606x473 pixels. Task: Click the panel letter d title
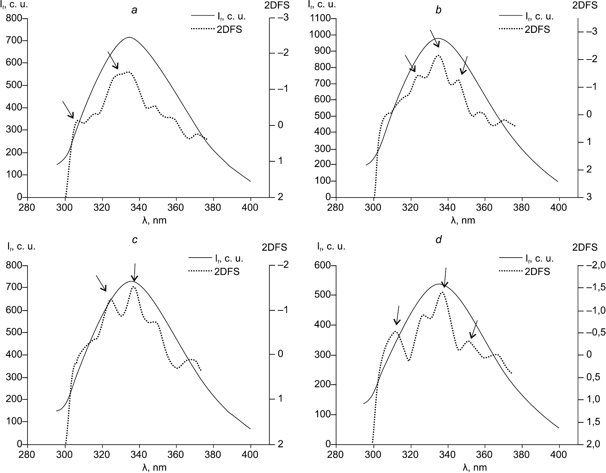pos(438,240)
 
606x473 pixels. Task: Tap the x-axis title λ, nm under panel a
pos(154,221)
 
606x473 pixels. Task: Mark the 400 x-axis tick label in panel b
pos(559,207)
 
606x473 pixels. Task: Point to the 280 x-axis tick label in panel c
pos(27,455)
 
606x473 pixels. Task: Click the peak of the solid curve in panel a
pos(130,37)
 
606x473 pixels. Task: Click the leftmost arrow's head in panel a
pos(73,117)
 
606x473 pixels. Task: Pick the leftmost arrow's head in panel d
pos(396,324)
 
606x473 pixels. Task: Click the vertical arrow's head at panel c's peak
pos(134,281)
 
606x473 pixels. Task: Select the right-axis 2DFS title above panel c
pos(274,247)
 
